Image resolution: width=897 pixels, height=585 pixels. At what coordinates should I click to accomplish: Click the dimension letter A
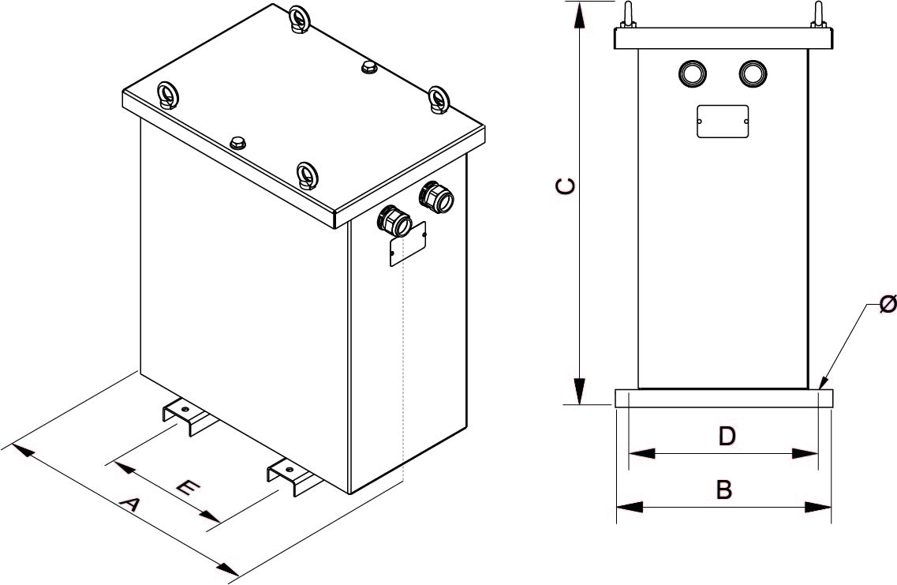[129, 504]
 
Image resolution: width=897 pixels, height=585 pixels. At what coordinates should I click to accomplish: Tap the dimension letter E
[186, 488]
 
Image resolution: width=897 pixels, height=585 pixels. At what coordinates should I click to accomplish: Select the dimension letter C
[565, 186]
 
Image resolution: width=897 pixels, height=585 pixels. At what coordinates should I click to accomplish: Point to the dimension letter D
[727, 436]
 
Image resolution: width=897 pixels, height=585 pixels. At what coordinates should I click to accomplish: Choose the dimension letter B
[723, 490]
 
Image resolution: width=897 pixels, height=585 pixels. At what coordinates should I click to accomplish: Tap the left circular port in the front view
[693, 73]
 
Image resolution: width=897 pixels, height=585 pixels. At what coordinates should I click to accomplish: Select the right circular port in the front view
[753, 73]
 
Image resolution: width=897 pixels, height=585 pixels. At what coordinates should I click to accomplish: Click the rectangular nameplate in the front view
[722, 122]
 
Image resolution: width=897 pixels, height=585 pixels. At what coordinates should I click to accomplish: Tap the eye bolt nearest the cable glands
[437, 100]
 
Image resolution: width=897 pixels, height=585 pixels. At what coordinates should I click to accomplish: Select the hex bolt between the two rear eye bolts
[368, 68]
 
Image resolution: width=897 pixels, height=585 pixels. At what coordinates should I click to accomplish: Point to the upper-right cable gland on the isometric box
[435, 197]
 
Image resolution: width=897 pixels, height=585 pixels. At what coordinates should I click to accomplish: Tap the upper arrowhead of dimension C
[579, 16]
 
